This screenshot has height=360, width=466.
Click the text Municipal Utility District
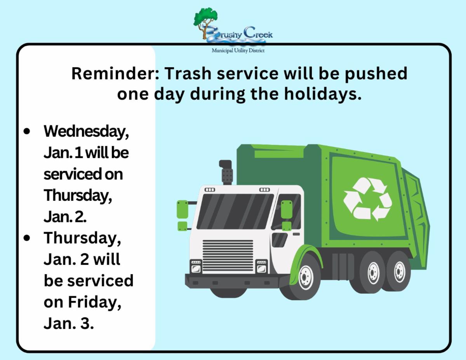(238, 50)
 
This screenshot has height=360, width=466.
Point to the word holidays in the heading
(323, 94)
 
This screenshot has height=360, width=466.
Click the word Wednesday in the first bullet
(86, 132)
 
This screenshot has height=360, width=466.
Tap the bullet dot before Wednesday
(27, 132)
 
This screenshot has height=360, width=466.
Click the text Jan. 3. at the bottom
(69, 323)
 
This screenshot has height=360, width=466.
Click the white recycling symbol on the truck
(368, 199)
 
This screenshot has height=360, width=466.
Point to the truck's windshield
(235, 211)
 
